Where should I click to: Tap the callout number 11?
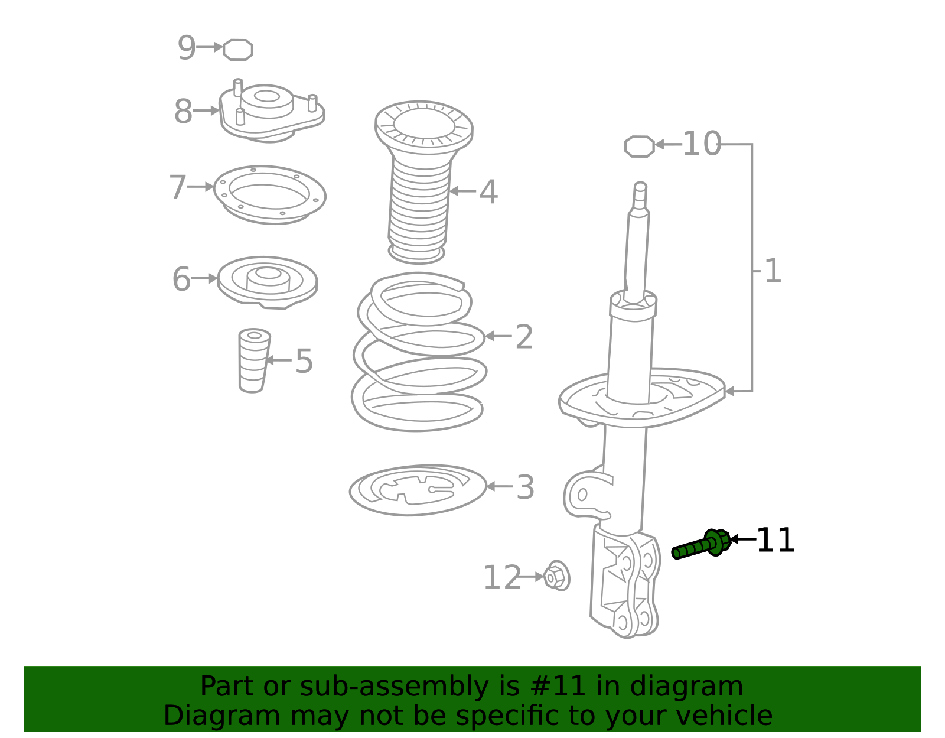(x=775, y=541)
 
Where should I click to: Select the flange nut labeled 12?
(x=556, y=576)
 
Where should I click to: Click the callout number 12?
(x=502, y=578)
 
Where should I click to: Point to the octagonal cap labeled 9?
(x=238, y=50)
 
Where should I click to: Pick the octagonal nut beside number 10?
(x=640, y=147)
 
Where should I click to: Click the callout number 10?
(x=702, y=144)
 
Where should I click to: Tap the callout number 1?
(x=773, y=272)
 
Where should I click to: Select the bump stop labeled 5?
(x=253, y=360)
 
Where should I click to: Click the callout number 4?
(x=488, y=192)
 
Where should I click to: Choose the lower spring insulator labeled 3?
(x=418, y=490)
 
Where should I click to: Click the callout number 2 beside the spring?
(x=524, y=337)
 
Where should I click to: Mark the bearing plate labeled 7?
(x=269, y=194)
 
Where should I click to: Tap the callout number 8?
(x=183, y=112)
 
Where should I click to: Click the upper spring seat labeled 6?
(x=267, y=282)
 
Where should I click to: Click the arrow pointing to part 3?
(x=498, y=486)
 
